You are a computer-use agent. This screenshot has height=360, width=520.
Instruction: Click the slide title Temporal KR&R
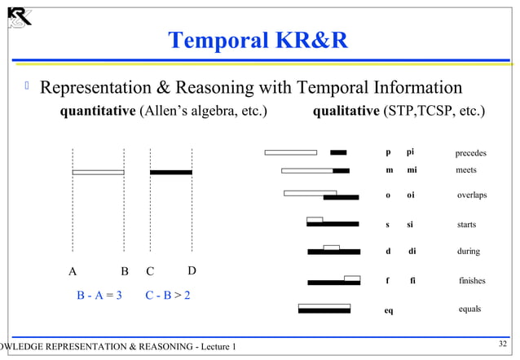click(x=258, y=40)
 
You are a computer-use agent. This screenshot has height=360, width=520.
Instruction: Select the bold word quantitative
click(x=98, y=111)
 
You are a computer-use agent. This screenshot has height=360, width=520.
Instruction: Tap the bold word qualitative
click(x=346, y=111)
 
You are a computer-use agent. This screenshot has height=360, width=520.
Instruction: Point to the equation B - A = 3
click(x=99, y=295)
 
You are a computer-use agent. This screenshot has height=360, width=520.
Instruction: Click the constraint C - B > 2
click(x=168, y=295)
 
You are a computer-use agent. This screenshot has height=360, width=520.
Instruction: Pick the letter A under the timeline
click(x=73, y=271)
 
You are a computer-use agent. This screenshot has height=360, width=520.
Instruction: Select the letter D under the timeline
click(x=192, y=270)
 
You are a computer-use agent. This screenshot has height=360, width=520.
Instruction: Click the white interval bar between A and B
click(x=98, y=172)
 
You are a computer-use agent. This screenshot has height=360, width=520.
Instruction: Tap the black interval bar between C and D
click(x=171, y=172)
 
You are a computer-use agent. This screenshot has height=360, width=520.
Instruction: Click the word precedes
click(x=470, y=153)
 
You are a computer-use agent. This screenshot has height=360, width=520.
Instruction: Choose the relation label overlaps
click(x=471, y=195)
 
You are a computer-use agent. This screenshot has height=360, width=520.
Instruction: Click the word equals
click(x=469, y=309)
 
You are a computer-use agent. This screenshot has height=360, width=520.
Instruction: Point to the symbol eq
click(x=389, y=310)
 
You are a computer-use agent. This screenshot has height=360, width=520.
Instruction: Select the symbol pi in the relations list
click(x=410, y=152)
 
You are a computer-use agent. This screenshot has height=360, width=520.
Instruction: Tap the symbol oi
click(x=410, y=195)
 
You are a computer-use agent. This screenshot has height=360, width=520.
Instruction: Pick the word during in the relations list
click(x=469, y=252)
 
